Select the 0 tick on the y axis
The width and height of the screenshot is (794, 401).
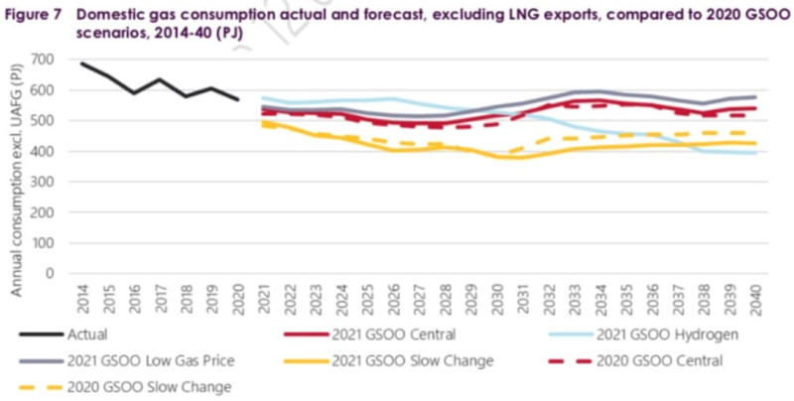(48, 275)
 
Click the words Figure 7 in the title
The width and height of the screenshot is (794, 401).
(31, 12)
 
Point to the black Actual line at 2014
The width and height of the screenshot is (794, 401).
(81, 64)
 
